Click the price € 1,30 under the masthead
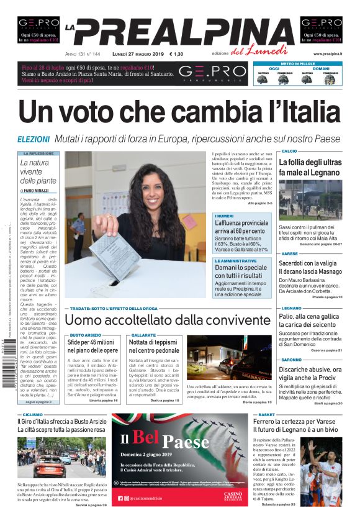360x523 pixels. pos(176,54)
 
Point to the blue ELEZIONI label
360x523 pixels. pos(34,139)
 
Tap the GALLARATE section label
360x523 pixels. pos(143,335)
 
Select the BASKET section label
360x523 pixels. pos(267,414)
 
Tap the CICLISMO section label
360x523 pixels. pos(33,414)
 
